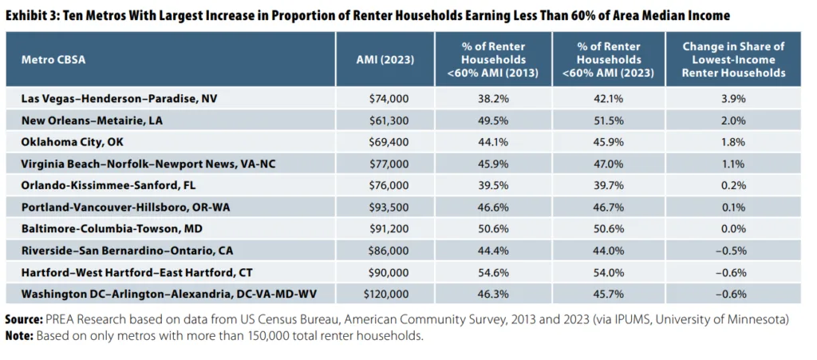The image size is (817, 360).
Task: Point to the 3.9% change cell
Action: pos(732,99)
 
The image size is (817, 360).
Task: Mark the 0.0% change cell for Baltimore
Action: pos(732,229)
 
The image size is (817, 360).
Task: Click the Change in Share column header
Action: pos(732,59)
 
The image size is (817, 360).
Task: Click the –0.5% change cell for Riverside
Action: pos(732,251)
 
